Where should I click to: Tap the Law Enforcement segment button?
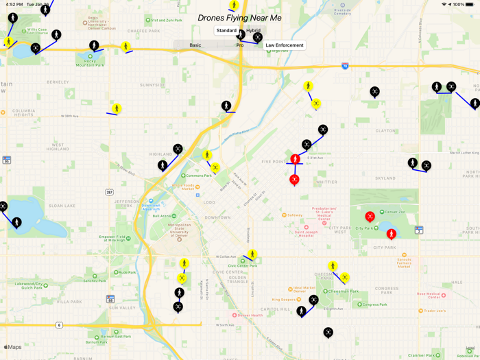pyautogui.click(x=285, y=45)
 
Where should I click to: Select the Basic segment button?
pyautogui.click(x=195, y=45)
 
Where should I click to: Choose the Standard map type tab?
pyautogui.click(x=226, y=31)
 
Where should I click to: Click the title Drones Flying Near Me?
pyautogui.click(x=239, y=18)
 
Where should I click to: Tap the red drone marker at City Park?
pyautogui.click(x=370, y=217)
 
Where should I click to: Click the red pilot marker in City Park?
pyautogui.click(x=391, y=234)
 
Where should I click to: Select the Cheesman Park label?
pyautogui.click(x=343, y=291)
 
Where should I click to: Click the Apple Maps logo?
pyautogui.click(x=13, y=348)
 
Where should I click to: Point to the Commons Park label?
pyautogui.click(x=199, y=176)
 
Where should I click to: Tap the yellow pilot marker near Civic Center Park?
pyautogui.click(x=252, y=255)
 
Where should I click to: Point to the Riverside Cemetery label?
pyautogui.click(x=341, y=11)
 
